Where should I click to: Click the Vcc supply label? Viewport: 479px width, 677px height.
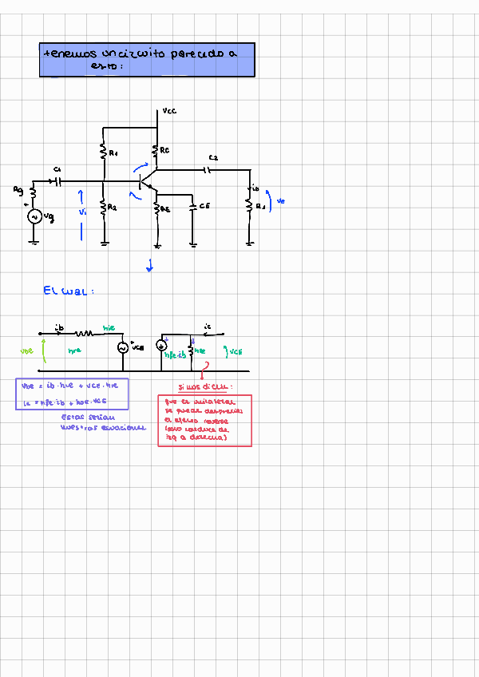click(169, 111)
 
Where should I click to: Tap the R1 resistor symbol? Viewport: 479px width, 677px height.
click(104, 150)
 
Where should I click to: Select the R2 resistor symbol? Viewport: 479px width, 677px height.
click(104, 208)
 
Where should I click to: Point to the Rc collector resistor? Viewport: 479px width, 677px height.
click(156, 149)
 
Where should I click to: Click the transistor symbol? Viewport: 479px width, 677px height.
click(147, 184)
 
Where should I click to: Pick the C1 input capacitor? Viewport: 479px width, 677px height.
click(57, 181)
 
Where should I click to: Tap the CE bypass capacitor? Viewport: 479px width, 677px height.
click(193, 207)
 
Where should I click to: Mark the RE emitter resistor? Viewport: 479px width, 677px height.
click(157, 209)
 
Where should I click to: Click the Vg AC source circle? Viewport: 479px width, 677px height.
click(34, 216)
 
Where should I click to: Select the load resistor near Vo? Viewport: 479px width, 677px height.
click(250, 206)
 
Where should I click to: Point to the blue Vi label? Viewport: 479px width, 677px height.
click(81, 212)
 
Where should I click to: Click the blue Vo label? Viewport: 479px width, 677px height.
click(279, 202)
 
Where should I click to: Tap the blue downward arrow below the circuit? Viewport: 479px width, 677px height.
click(149, 267)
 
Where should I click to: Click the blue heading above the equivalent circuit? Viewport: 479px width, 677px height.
click(69, 291)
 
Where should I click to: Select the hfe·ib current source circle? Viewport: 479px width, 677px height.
click(161, 345)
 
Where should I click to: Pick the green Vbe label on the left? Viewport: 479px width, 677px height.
click(27, 350)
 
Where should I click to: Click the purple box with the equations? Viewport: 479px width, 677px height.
click(72, 394)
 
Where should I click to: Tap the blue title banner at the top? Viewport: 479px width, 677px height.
click(148, 60)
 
